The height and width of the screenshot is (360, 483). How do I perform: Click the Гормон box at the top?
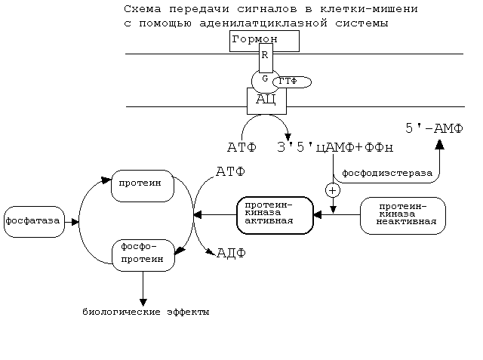(x=264, y=41)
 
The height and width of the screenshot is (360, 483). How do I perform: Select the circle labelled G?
(x=264, y=78)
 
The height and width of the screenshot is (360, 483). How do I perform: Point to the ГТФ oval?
(x=293, y=81)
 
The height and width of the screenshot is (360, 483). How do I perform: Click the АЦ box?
(x=266, y=99)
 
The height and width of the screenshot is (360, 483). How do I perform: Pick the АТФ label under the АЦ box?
(x=241, y=146)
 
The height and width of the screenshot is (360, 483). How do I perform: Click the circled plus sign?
(x=333, y=191)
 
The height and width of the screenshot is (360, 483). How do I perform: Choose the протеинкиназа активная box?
(x=274, y=214)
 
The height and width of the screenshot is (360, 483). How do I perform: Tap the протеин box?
(x=142, y=184)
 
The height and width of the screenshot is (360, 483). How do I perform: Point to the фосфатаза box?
(x=32, y=221)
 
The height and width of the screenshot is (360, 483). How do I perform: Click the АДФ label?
(x=232, y=252)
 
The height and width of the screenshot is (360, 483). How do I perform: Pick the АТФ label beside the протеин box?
(x=230, y=173)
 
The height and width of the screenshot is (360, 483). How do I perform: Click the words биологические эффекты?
(x=146, y=312)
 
